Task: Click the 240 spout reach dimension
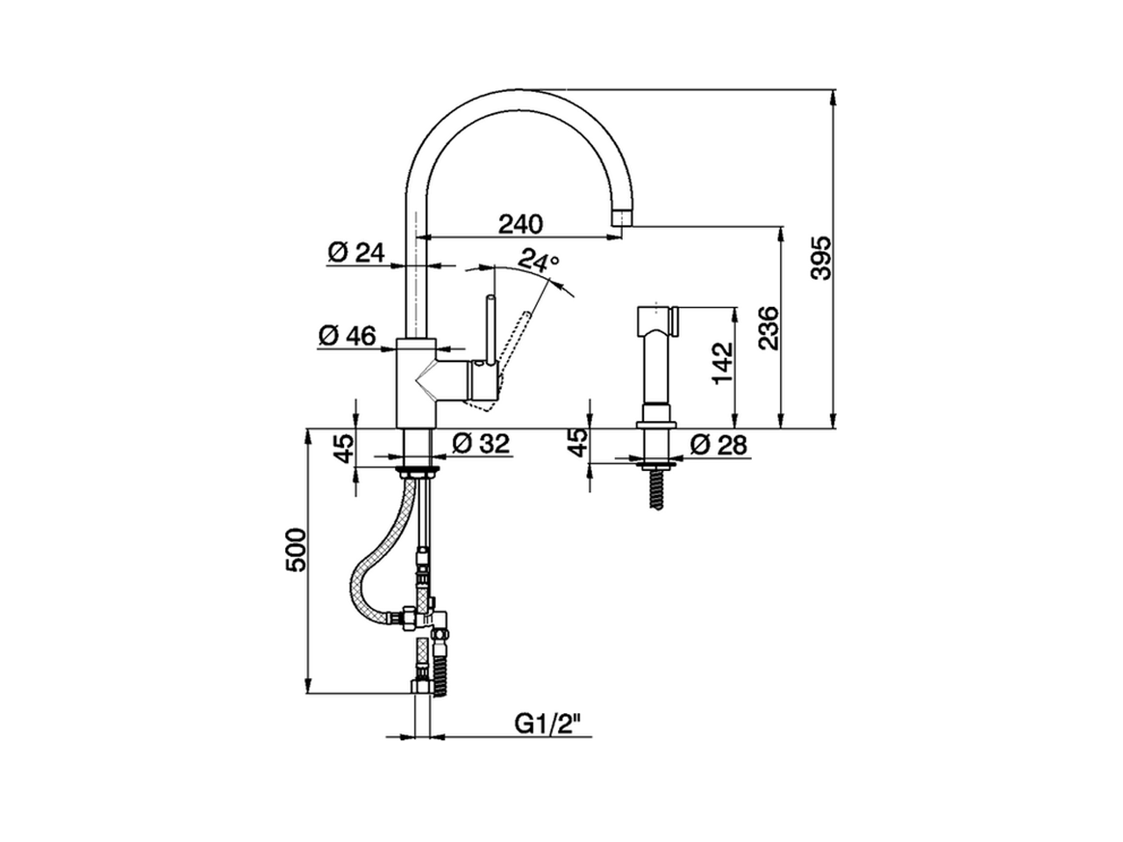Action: [x=521, y=224]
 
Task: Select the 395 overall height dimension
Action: [x=819, y=258]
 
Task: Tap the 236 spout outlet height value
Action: [x=768, y=327]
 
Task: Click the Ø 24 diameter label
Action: [x=356, y=253]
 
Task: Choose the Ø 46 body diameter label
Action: [x=347, y=335]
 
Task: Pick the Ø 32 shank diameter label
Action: [x=481, y=445]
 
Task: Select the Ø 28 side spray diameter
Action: [x=719, y=445]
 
